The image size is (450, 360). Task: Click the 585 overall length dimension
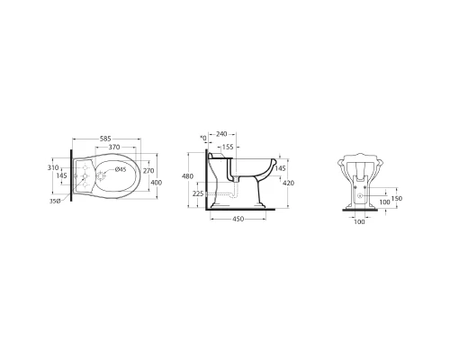tap(105, 139)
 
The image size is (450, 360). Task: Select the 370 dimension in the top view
tap(114, 147)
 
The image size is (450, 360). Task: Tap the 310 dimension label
tap(53, 167)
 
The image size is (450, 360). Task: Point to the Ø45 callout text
tap(121, 169)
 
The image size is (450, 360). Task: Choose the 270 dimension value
tap(148, 171)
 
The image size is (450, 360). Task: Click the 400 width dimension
tap(156, 183)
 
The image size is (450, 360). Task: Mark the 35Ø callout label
tap(55, 202)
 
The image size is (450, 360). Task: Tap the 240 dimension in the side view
tap(221, 134)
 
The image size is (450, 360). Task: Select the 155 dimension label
tap(228, 147)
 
